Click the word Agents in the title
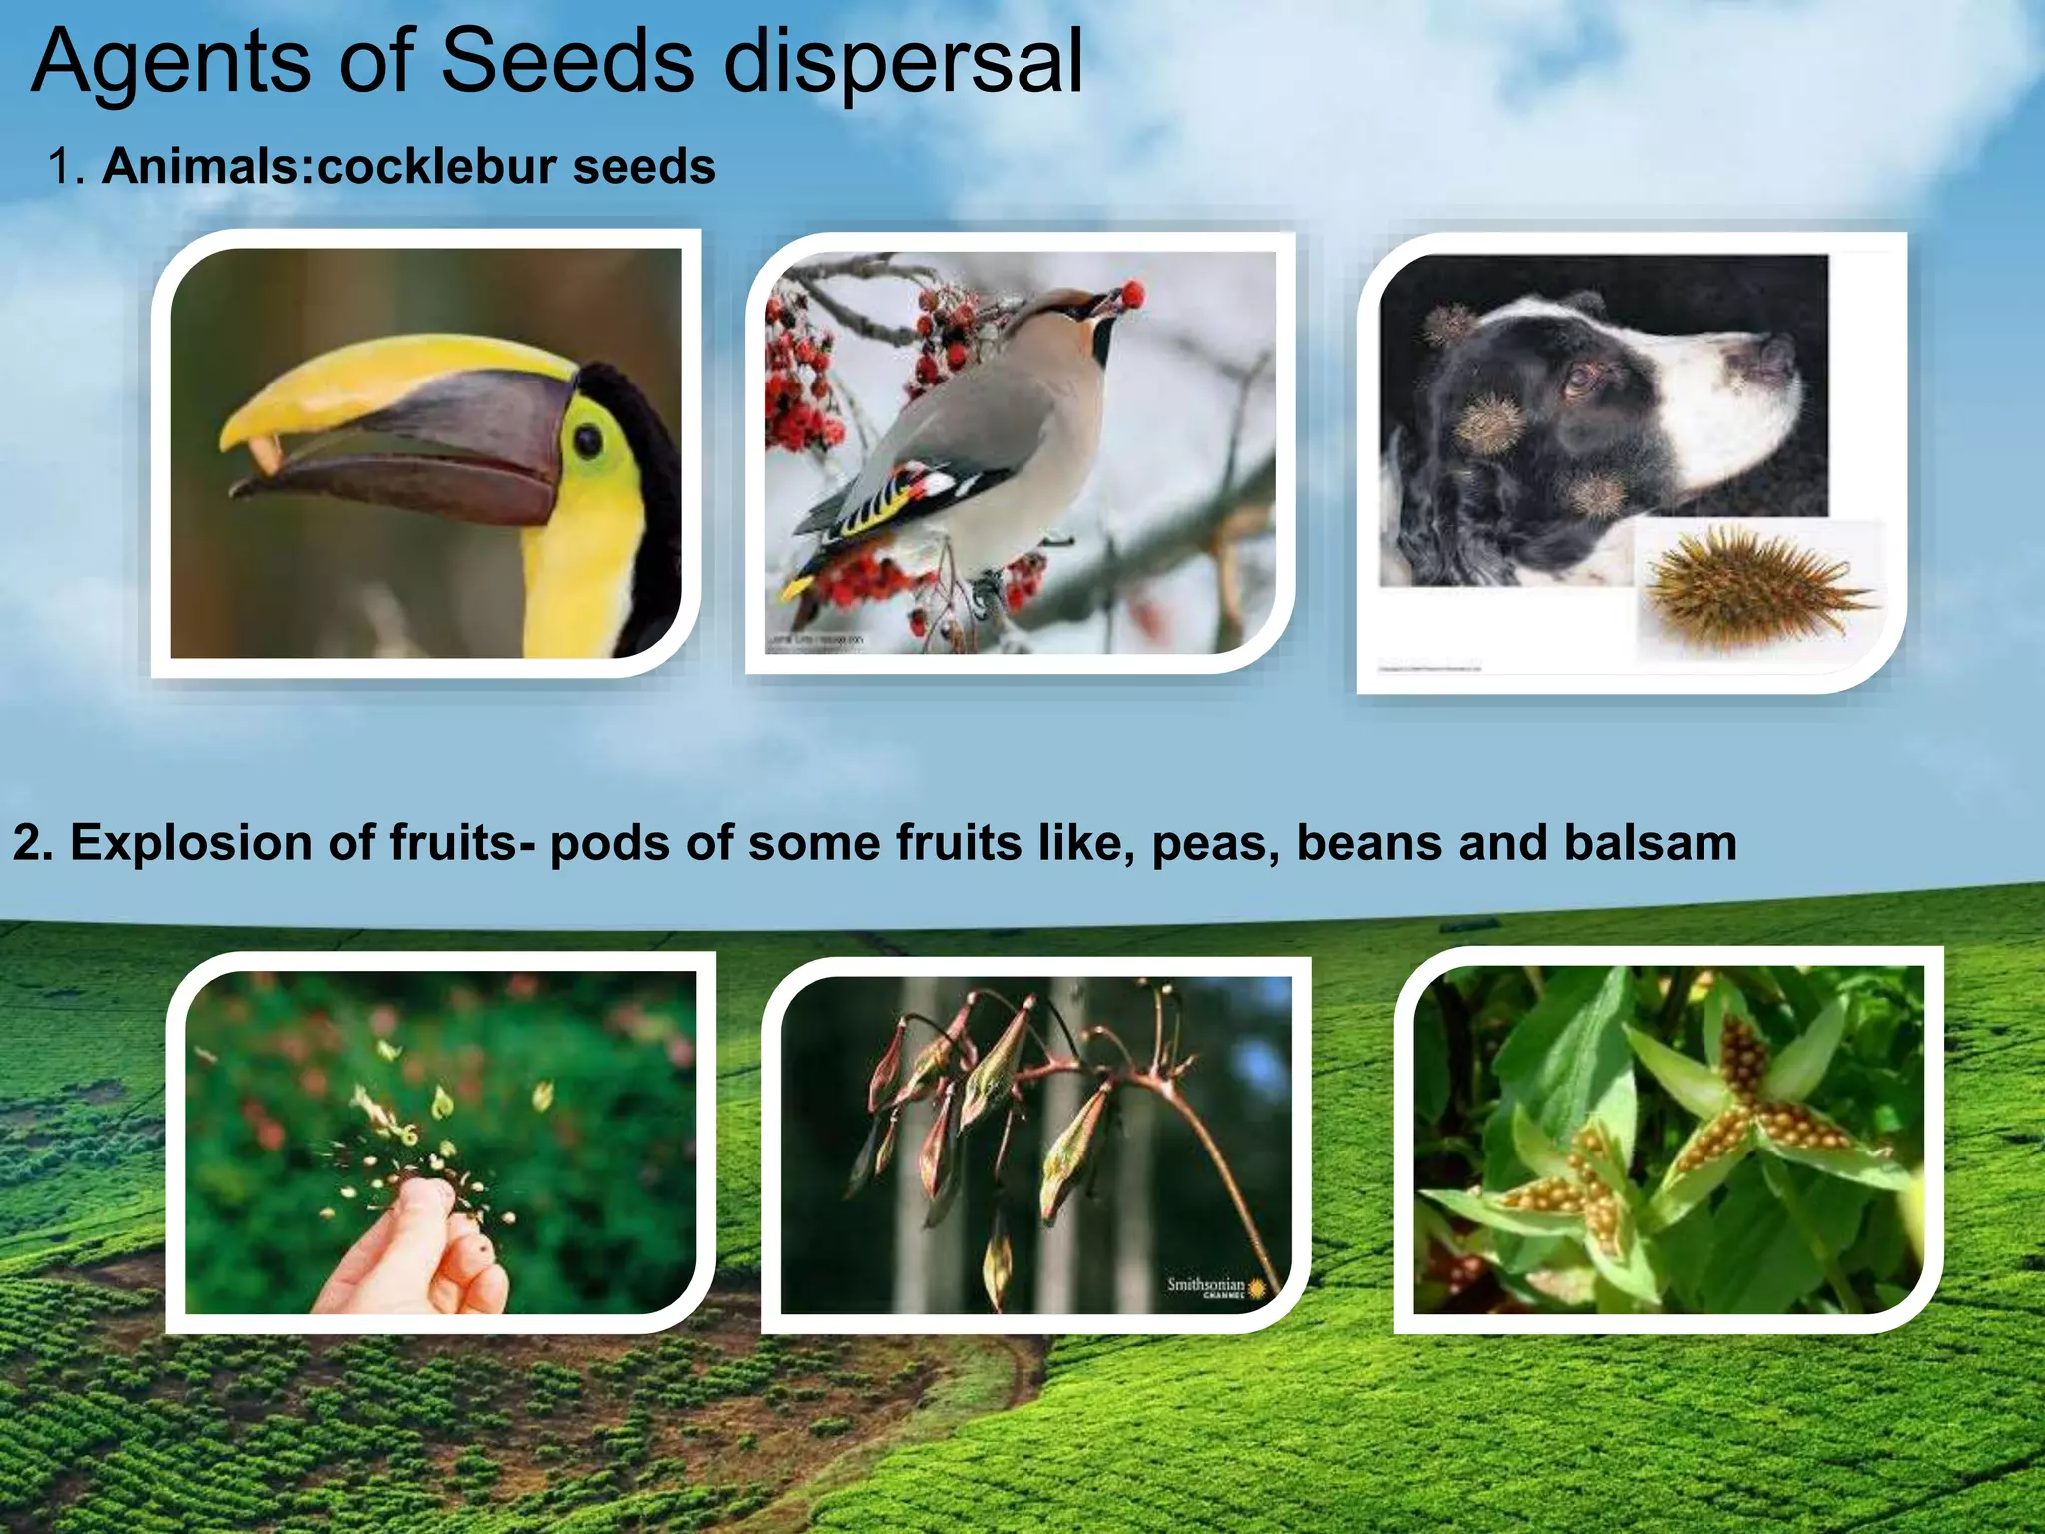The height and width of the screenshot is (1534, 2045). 170,62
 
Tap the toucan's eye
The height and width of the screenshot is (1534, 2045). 589,440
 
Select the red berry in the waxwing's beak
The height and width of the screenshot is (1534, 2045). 1132,294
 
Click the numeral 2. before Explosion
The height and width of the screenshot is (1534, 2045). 32,842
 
